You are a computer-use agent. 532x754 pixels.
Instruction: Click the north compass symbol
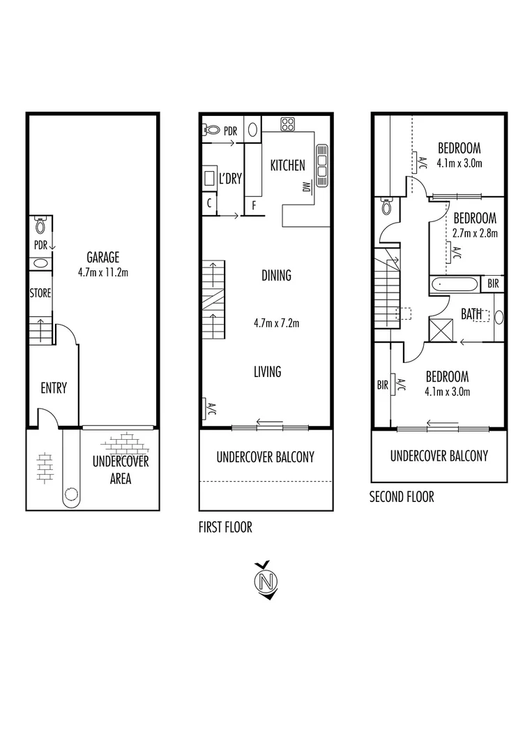click(264, 580)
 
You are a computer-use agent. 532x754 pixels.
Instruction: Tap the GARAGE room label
click(103, 256)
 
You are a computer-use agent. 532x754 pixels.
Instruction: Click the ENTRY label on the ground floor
click(53, 388)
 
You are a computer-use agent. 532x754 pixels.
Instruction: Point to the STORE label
click(40, 294)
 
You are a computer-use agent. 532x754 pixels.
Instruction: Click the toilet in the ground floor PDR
click(40, 226)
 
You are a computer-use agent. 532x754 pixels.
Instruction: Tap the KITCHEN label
click(287, 165)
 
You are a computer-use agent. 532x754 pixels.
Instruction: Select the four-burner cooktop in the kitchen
click(288, 124)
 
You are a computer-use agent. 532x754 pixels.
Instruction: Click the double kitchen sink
click(322, 165)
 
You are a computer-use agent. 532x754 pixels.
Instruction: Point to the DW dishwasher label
click(305, 187)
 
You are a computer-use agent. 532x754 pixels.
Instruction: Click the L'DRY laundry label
click(230, 179)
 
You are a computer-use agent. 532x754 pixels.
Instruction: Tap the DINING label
click(276, 276)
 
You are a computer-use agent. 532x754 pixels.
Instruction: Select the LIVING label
click(267, 371)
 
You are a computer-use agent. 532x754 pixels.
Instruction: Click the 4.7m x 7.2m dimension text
click(277, 323)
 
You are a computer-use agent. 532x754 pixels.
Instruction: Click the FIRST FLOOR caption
click(225, 528)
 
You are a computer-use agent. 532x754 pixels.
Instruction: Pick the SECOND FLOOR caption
click(401, 497)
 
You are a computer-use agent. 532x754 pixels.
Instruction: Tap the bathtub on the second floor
click(455, 285)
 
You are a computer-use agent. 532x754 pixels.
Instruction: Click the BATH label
click(471, 314)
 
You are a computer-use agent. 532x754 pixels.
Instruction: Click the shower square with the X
click(441, 329)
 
